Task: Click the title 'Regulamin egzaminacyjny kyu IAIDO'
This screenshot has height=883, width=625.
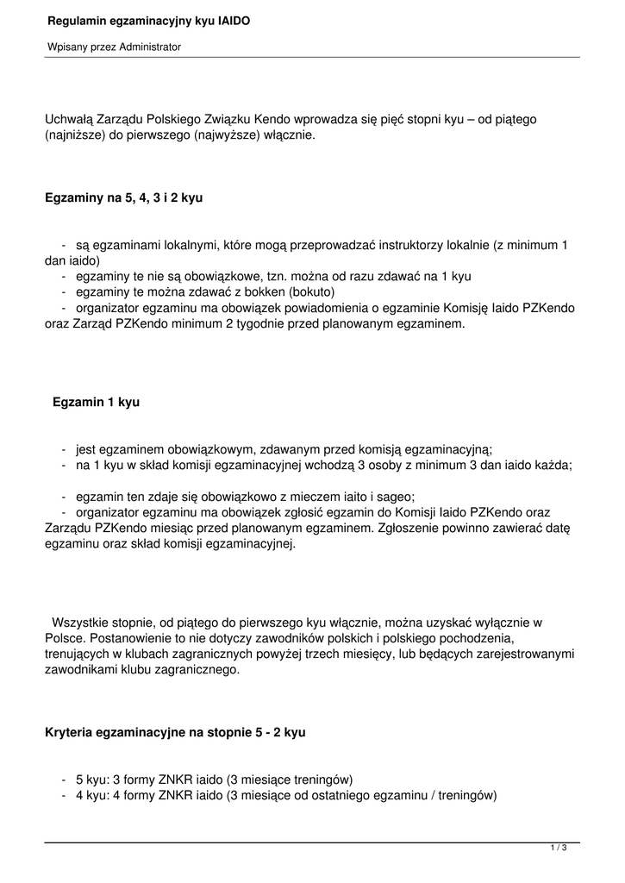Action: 148,20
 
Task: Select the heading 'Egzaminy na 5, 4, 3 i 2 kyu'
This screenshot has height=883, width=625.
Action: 123,197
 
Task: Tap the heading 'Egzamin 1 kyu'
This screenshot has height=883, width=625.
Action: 96,402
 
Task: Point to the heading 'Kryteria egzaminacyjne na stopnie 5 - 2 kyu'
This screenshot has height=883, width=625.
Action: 175,732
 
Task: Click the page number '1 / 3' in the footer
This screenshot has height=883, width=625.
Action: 559,849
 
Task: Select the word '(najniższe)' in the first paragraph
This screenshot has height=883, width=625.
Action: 74,135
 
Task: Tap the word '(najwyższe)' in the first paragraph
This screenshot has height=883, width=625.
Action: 225,135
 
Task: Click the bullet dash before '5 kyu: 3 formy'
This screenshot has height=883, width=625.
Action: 64,779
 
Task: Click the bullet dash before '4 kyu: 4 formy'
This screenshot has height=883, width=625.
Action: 64,795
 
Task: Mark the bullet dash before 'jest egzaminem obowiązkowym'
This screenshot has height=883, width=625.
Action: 64,449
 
